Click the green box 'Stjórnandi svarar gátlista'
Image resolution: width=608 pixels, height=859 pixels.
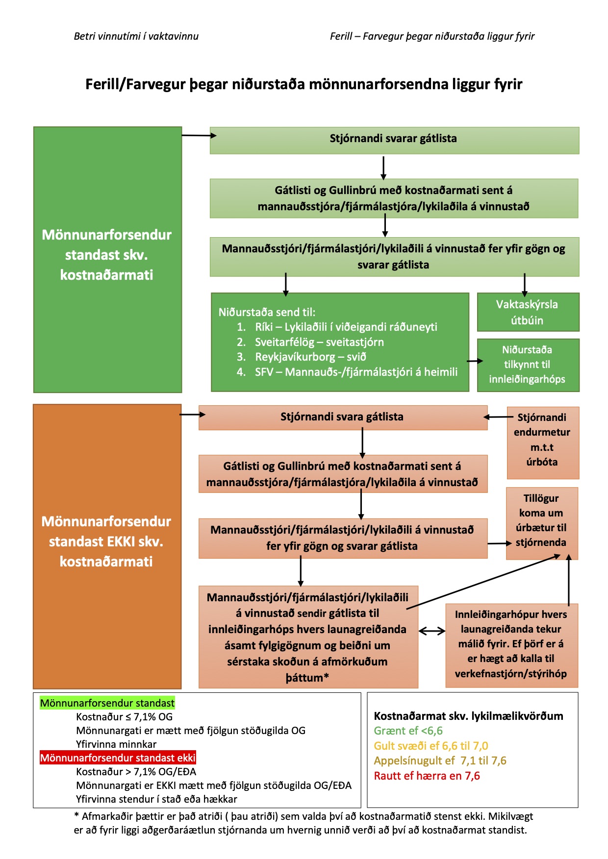click(394, 141)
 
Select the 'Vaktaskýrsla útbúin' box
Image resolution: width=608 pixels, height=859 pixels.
click(528, 312)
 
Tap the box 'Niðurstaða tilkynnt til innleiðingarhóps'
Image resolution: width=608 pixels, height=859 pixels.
click(528, 365)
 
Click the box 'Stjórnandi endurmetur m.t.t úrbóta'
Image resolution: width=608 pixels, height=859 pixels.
click(543, 442)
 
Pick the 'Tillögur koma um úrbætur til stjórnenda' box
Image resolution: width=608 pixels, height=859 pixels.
click(542, 523)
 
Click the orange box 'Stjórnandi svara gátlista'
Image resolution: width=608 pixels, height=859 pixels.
click(343, 417)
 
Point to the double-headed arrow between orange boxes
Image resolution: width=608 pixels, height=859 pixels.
click(432, 631)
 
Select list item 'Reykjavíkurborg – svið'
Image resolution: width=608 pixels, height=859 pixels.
click(310, 357)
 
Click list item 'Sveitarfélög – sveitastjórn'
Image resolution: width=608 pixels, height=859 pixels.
click(319, 342)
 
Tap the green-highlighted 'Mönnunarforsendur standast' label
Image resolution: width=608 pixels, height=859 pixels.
click(107, 703)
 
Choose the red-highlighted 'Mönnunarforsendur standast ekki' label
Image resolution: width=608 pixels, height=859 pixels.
click(118, 758)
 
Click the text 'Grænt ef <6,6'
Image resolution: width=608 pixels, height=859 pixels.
click(408, 731)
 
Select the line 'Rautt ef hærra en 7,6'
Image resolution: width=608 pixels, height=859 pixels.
click(427, 776)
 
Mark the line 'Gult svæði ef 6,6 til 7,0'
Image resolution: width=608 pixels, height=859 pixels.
click(431, 746)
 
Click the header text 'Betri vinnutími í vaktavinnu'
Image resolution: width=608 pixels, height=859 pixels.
click(136, 36)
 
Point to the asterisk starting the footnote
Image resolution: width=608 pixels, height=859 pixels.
click(76, 816)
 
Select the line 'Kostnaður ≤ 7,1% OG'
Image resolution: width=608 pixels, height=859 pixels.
click(125, 717)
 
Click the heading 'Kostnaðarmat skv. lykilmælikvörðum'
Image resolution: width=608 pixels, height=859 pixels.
click(468, 716)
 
